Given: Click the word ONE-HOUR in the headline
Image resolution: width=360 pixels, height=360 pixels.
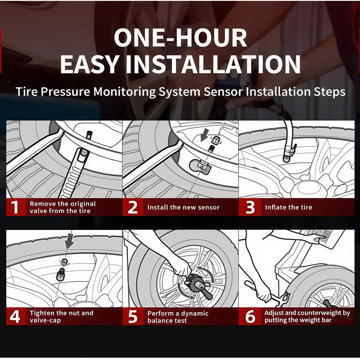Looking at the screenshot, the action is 180,38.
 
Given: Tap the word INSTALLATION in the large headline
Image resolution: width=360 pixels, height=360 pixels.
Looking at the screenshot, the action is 213,64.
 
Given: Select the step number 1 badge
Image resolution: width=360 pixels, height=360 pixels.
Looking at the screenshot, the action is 15,207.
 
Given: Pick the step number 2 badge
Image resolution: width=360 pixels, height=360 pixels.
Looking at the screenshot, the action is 133,207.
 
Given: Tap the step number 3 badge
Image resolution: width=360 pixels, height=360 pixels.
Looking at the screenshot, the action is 250,207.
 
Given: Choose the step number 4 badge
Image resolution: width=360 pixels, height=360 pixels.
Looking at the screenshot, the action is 15,316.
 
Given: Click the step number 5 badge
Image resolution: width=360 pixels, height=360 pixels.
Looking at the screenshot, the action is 133,316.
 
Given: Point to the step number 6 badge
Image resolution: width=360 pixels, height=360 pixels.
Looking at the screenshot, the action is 250,316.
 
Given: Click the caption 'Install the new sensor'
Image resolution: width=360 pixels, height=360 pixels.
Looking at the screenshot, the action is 184,207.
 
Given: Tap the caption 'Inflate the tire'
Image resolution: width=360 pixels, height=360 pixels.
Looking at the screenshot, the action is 288,207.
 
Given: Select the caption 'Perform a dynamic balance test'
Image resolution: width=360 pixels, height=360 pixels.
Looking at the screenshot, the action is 178,317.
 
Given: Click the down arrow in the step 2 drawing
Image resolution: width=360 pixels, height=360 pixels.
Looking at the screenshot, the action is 205,135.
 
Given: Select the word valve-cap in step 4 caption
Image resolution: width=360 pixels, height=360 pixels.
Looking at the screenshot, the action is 45,320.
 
